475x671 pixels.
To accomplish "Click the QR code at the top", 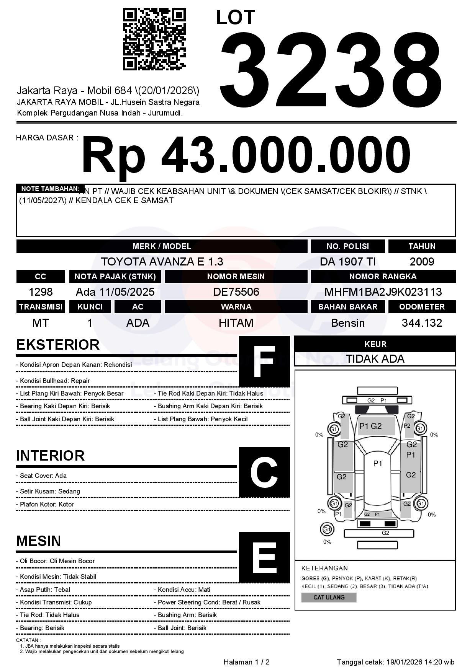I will coord(154,39).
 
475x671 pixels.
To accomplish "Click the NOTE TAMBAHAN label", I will coord(50,189).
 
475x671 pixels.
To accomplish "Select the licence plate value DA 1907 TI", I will coord(347,262).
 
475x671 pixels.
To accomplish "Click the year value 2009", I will coord(422,262).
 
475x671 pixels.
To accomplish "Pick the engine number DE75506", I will coord(236,292).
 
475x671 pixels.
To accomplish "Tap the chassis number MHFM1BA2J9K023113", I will coord(383,292).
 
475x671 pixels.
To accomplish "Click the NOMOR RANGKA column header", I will coord(383,277).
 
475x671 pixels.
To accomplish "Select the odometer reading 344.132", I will coord(422,323).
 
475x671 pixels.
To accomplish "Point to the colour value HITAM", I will coord(236,323).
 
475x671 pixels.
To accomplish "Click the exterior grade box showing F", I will coord(264,362).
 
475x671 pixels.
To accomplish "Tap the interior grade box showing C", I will coord(264,472).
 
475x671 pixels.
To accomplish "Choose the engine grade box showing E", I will coord(264,557).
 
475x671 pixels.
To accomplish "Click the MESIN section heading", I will coord(39,541).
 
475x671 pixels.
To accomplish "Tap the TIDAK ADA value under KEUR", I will coord(375,359).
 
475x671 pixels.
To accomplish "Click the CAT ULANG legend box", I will coord(329,597).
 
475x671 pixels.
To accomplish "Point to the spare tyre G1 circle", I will coord(327,529).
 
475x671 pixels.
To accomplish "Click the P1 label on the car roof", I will coord(378,464).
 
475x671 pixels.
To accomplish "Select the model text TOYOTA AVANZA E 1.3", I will coord(162,262).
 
